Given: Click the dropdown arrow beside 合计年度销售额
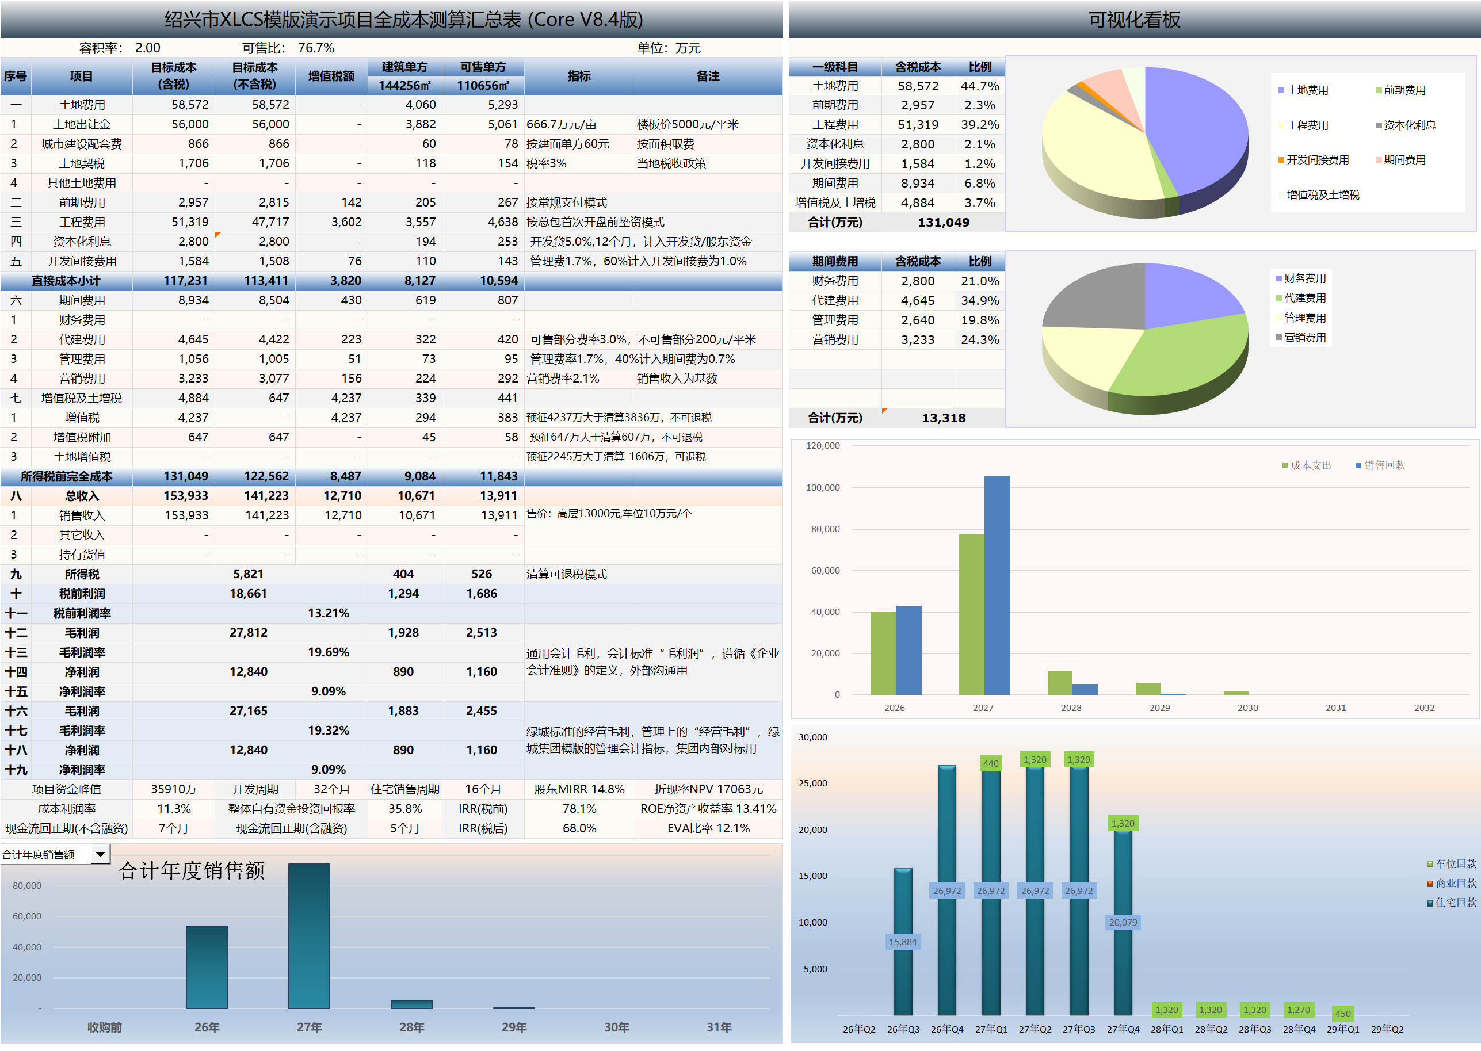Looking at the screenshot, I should (100, 854).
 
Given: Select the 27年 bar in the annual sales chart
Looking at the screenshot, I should (309, 935).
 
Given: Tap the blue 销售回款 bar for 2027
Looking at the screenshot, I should (997, 585).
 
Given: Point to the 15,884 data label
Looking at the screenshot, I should (902, 942).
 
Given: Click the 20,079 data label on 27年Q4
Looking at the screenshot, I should (1123, 922).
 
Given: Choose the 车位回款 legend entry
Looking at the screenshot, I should (1451, 864).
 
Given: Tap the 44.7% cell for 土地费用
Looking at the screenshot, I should (979, 86).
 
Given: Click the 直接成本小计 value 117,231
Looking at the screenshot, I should (186, 281).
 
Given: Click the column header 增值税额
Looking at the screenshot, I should (331, 77).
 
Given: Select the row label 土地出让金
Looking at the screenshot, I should (82, 124).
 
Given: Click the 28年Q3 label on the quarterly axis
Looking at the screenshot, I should (1254, 1029).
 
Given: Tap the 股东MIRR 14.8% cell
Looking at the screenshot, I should (579, 789).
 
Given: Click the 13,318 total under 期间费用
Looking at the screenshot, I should (943, 418).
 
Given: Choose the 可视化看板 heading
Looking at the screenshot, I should (1134, 20).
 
